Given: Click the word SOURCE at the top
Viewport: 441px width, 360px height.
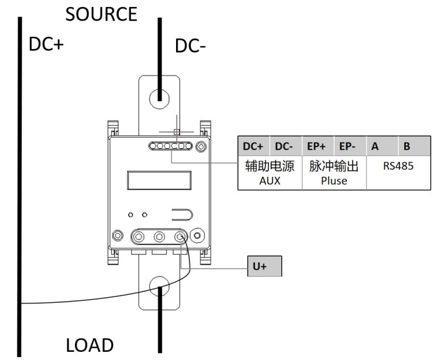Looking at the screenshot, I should click(101, 14).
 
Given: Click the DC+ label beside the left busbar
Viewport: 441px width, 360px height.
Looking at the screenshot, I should click(46, 45).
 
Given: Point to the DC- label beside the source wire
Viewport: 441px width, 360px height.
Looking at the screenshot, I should click(191, 47).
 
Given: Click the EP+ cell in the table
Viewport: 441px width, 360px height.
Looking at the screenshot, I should click(318, 146).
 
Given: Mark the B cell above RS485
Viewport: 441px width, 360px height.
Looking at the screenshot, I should click(406, 146).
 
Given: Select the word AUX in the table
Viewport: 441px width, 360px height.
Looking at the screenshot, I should click(270, 181).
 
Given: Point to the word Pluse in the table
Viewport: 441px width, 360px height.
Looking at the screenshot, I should click(333, 181).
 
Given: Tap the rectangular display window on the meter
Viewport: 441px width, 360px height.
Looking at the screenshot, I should click(159, 180).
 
